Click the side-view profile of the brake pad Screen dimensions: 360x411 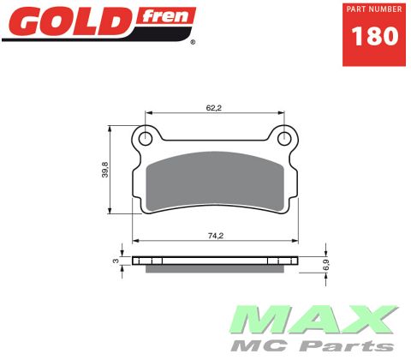(x=215, y=260)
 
